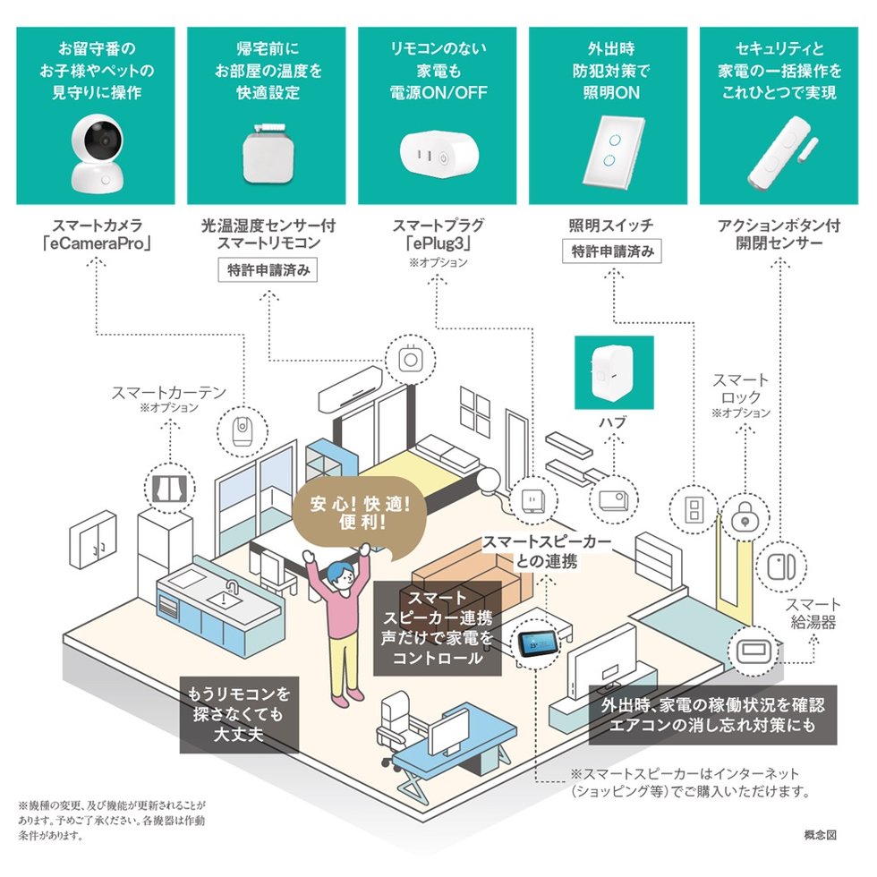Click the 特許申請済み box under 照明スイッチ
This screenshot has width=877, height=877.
pyautogui.click(x=612, y=251)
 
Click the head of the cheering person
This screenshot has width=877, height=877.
pyautogui.click(x=338, y=576)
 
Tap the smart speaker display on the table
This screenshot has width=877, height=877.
pyautogui.click(x=537, y=643)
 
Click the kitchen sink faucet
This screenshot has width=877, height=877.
pyautogui.click(x=231, y=589)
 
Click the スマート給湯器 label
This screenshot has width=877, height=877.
pyautogui.click(x=814, y=613)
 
